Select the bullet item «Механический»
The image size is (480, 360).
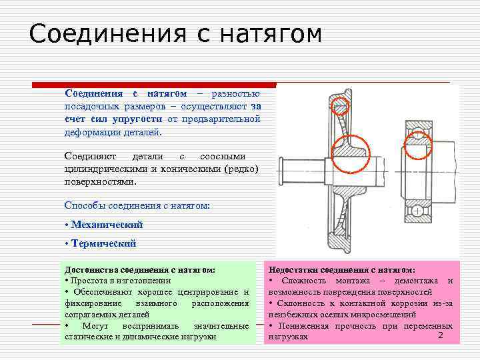pyautogui.click(x=106, y=225)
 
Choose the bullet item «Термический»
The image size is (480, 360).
pyautogui.click(x=103, y=243)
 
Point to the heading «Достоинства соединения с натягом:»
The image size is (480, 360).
pyautogui.click(x=139, y=269)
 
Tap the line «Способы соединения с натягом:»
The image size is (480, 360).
pyautogui.click(x=137, y=205)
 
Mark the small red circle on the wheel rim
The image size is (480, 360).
pyautogui.click(x=341, y=105)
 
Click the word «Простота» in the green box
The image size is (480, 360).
pyautogui.click(x=89, y=281)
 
